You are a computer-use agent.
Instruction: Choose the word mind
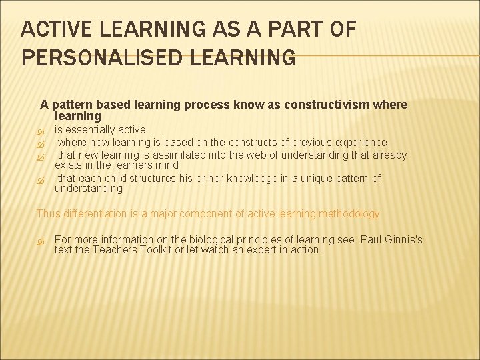tap(167, 165)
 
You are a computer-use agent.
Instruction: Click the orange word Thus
tap(47, 214)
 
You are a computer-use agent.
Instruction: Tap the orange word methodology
tap(346, 214)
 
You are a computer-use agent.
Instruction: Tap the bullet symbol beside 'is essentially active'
tap(40, 130)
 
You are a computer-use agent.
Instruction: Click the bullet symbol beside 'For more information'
tap(40, 240)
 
